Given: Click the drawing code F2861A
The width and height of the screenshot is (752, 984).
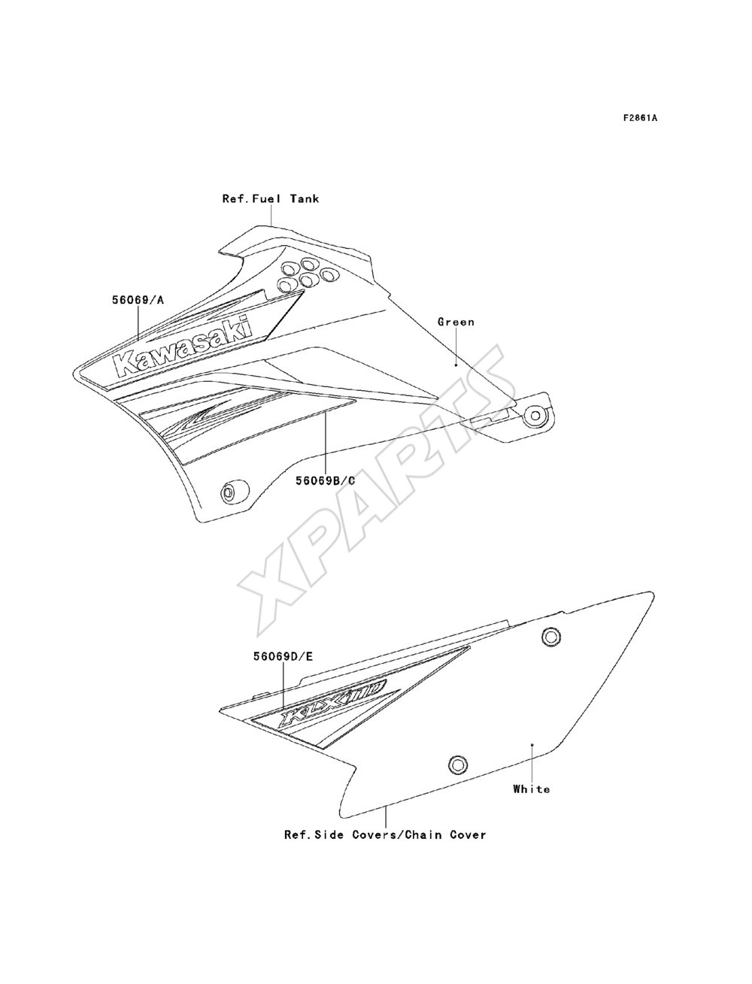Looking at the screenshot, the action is click(x=640, y=118).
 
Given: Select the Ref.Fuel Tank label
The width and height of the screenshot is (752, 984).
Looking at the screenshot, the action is click(x=271, y=198).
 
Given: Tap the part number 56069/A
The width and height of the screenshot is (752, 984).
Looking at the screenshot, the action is click(x=138, y=300).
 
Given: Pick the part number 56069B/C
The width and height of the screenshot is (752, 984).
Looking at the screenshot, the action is click(x=325, y=481).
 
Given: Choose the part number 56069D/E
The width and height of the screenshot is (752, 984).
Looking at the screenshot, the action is click(x=283, y=657).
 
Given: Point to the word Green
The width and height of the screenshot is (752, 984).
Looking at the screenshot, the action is click(x=456, y=322).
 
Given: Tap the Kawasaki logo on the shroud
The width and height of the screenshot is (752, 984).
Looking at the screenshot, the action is click(x=183, y=346).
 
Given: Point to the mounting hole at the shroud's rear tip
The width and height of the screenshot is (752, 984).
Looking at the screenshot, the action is click(x=535, y=416).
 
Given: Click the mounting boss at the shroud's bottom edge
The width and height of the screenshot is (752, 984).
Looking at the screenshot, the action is click(x=234, y=492).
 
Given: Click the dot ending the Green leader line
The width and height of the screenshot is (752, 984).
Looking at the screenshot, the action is click(x=456, y=378).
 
